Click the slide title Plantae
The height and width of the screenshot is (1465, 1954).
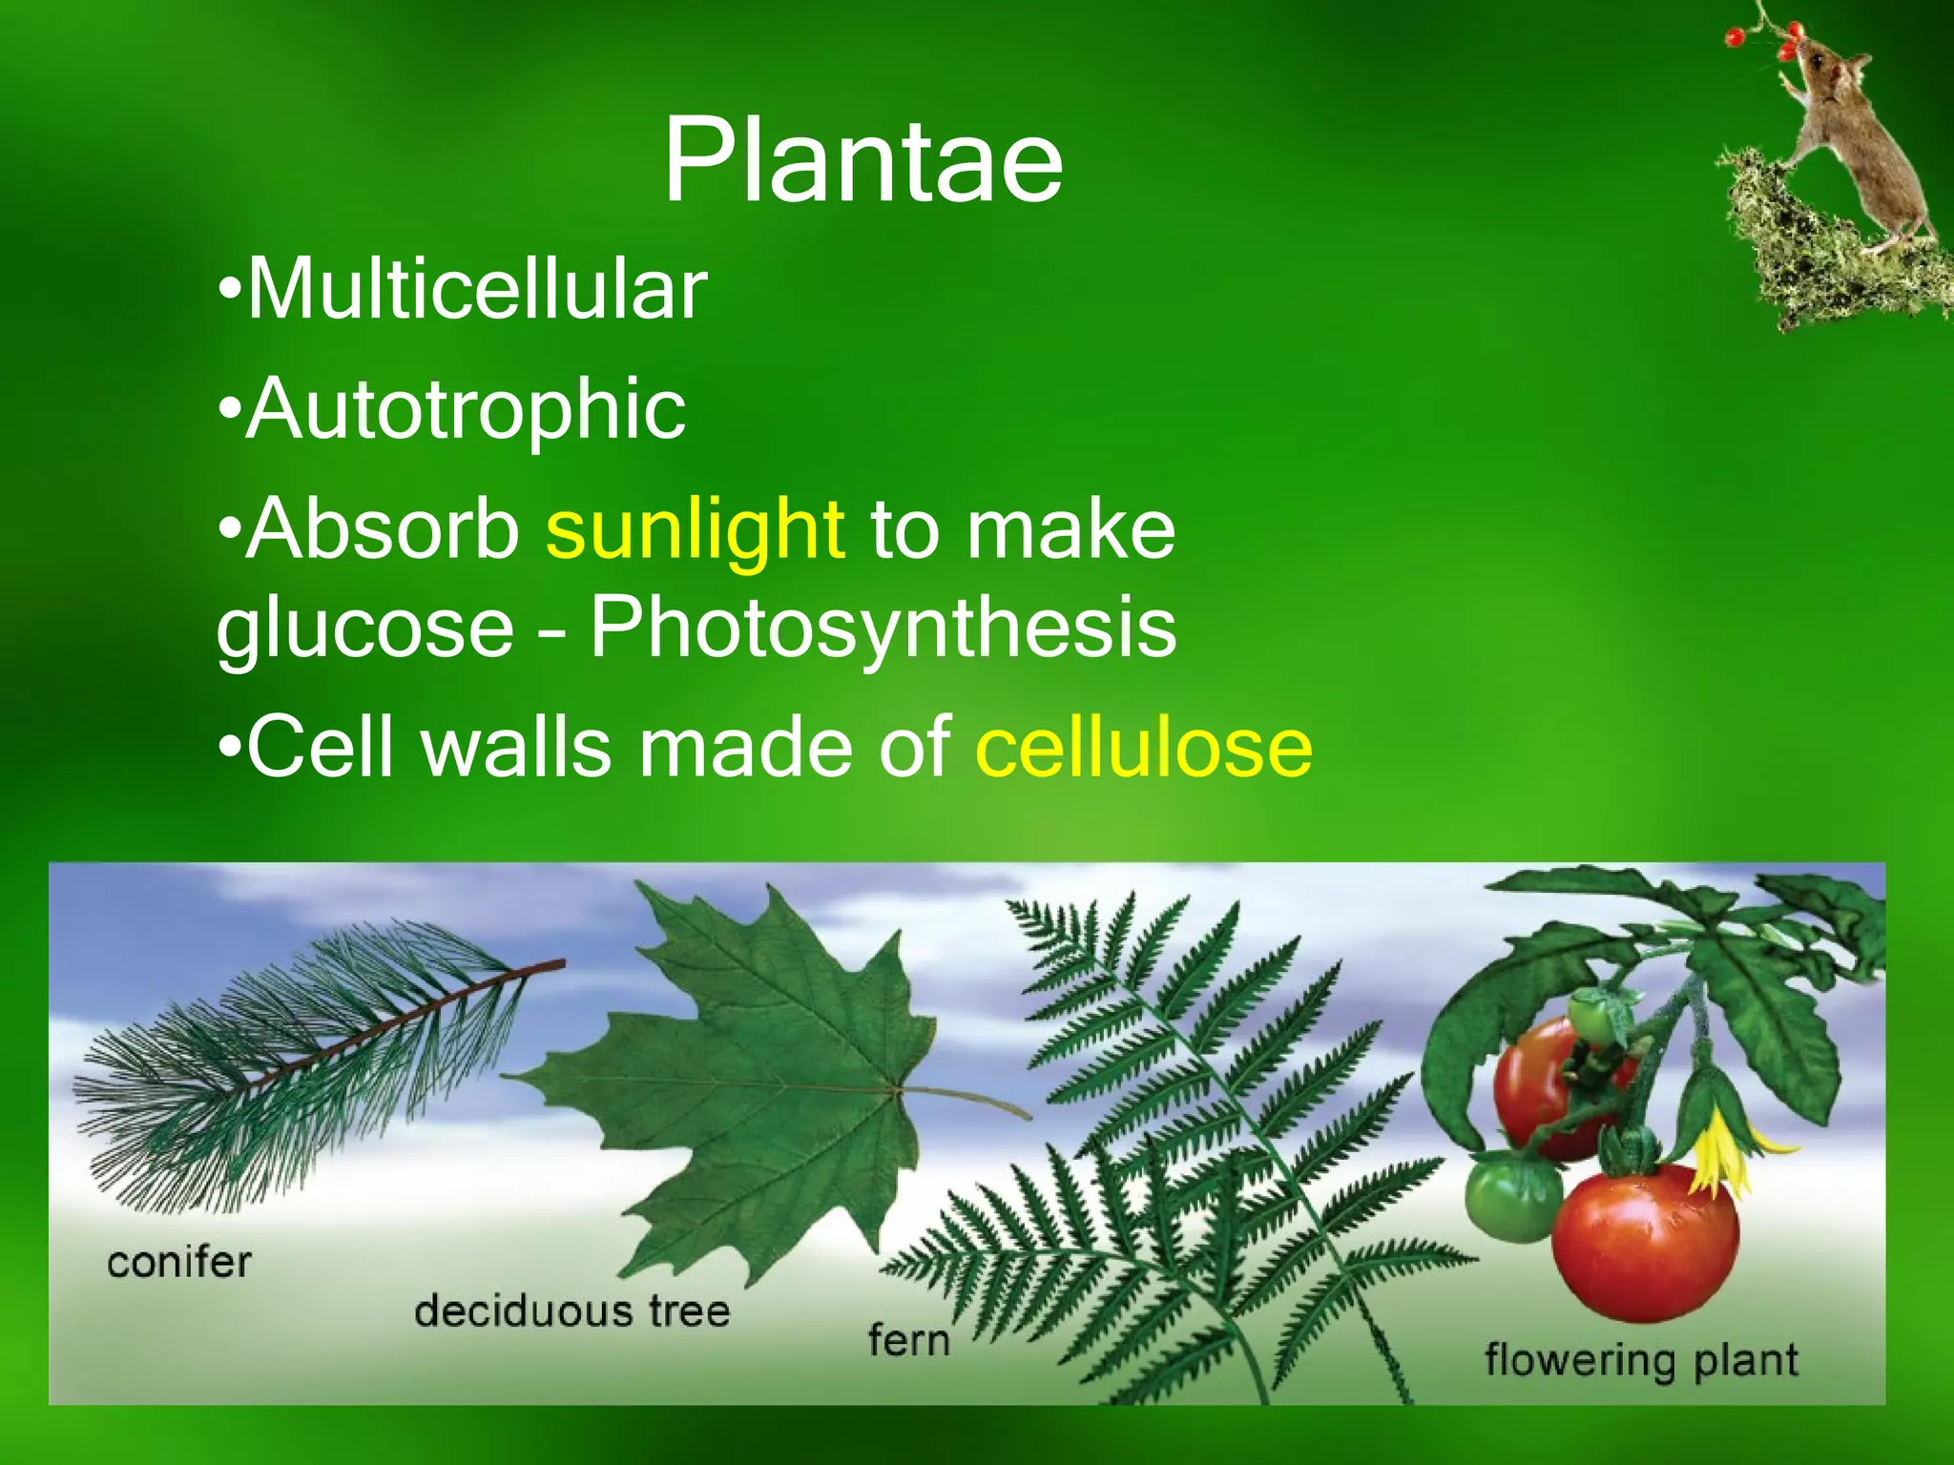pos(863,160)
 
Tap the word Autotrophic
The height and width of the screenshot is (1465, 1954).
pos(466,410)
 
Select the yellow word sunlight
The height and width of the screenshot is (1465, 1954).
pos(695,530)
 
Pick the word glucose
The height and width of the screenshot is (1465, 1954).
pos(365,629)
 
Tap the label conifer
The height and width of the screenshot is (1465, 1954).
pos(179,1263)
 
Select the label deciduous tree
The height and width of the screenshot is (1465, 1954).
pos(572,1310)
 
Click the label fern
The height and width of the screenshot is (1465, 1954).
pos(908,1340)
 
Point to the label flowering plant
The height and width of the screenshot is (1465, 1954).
pos(1640,1359)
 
